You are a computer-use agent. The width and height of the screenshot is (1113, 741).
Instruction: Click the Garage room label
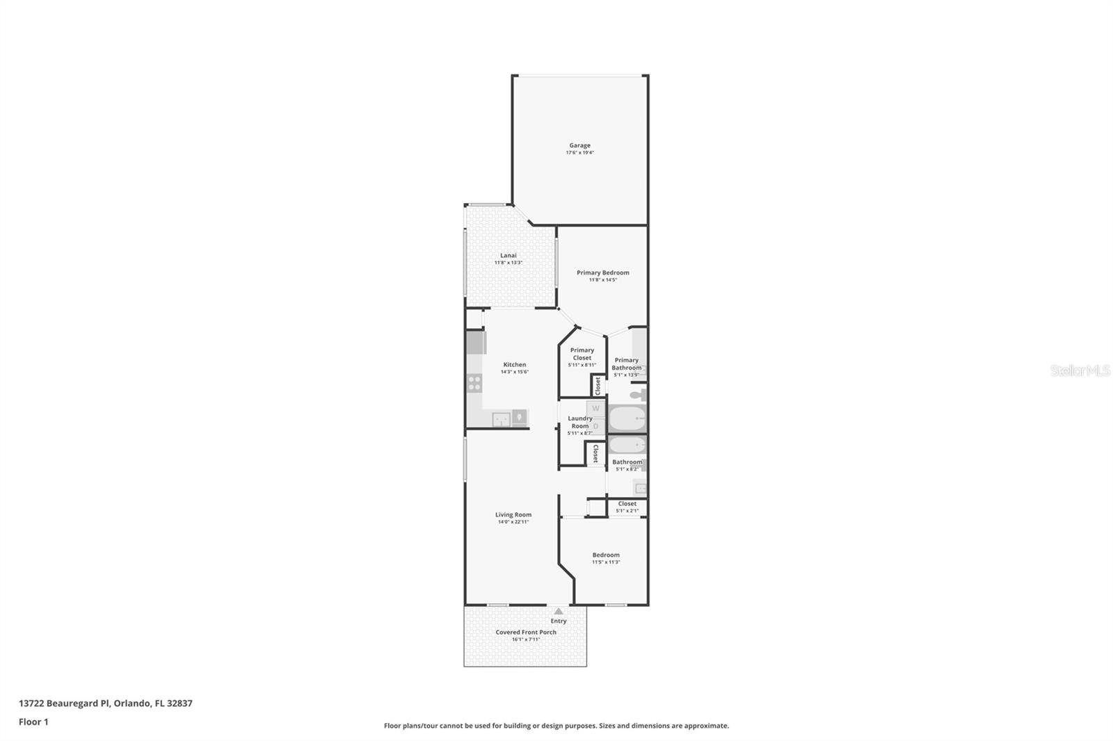click(x=579, y=146)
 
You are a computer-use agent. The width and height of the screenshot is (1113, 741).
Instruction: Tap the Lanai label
click(x=509, y=256)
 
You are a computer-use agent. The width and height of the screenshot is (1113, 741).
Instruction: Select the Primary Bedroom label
click(x=603, y=272)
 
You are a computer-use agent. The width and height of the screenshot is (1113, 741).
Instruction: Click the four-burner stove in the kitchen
click(x=474, y=382)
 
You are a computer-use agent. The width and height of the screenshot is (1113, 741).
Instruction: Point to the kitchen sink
click(x=501, y=419)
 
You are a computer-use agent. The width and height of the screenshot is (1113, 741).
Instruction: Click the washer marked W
click(x=595, y=409)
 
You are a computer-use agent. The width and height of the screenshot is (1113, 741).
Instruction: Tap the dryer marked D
click(x=595, y=426)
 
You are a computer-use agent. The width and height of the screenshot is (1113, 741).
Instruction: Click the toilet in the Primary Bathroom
click(x=639, y=395)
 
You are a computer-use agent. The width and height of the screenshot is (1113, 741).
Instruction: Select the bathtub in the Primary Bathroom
click(x=627, y=419)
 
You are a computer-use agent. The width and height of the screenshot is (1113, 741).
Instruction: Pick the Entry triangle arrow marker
click(x=558, y=611)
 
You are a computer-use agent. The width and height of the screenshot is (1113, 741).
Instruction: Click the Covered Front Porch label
click(x=526, y=632)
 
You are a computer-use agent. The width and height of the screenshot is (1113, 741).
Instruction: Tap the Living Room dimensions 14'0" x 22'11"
click(x=513, y=522)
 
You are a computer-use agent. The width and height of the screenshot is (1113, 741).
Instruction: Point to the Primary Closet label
click(x=582, y=354)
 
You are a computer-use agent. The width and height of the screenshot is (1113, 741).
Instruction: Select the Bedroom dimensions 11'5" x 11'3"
click(x=606, y=562)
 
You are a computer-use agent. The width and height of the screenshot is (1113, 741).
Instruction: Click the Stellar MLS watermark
click(x=1080, y=370)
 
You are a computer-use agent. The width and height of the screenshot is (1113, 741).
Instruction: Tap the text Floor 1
click(x=33, y=722)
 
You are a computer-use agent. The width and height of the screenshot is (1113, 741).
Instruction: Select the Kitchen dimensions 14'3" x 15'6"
click(x=515, y=372)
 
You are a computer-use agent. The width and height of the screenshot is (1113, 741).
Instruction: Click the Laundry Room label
click(x=580, y=422)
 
